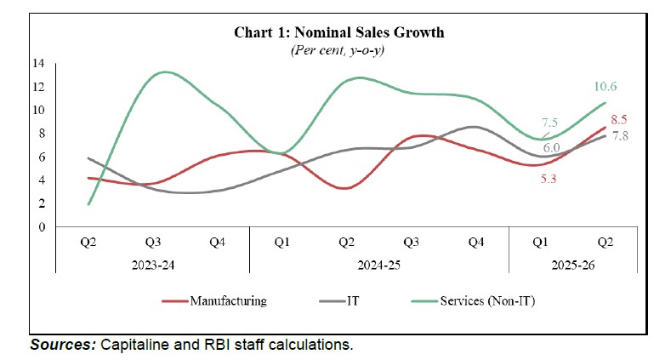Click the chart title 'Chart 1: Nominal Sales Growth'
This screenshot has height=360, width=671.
339,33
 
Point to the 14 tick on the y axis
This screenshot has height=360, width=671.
38,63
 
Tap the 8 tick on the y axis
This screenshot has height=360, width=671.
40,133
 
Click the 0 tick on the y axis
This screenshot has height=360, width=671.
40,226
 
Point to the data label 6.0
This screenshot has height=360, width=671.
551,147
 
